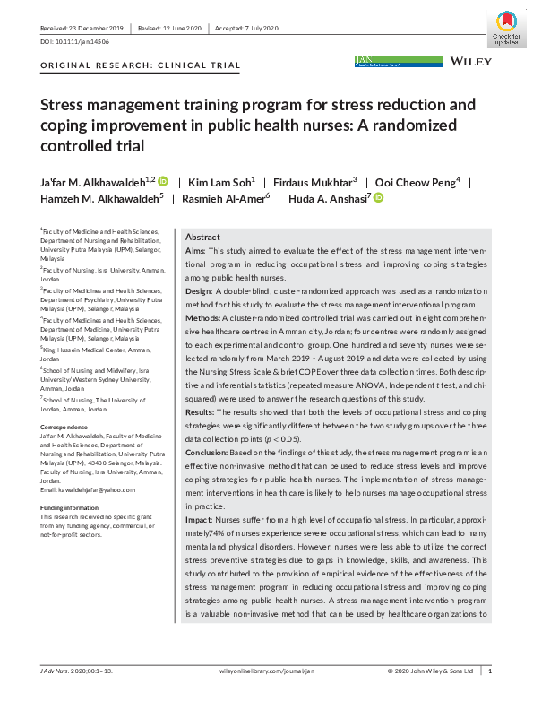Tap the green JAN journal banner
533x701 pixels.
tap(399, 61)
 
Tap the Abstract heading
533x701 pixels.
tap(202, 237)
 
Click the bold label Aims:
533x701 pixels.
tap(194, 252)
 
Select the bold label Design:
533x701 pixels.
tap(199, 292)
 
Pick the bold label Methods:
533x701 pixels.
tap(202, 318)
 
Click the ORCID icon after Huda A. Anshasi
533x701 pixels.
tap(378, 198)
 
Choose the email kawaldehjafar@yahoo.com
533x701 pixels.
tap(89, 489)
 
